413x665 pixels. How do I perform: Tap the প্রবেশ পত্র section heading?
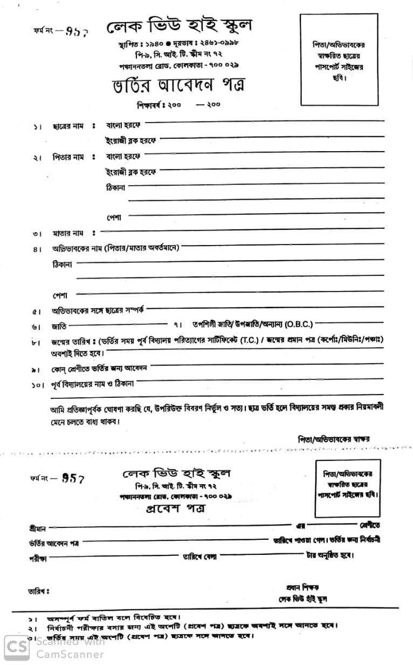176,508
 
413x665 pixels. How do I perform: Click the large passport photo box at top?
338,59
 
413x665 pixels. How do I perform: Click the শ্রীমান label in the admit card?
37,527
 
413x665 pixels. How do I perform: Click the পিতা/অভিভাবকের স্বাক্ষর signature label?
333,439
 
